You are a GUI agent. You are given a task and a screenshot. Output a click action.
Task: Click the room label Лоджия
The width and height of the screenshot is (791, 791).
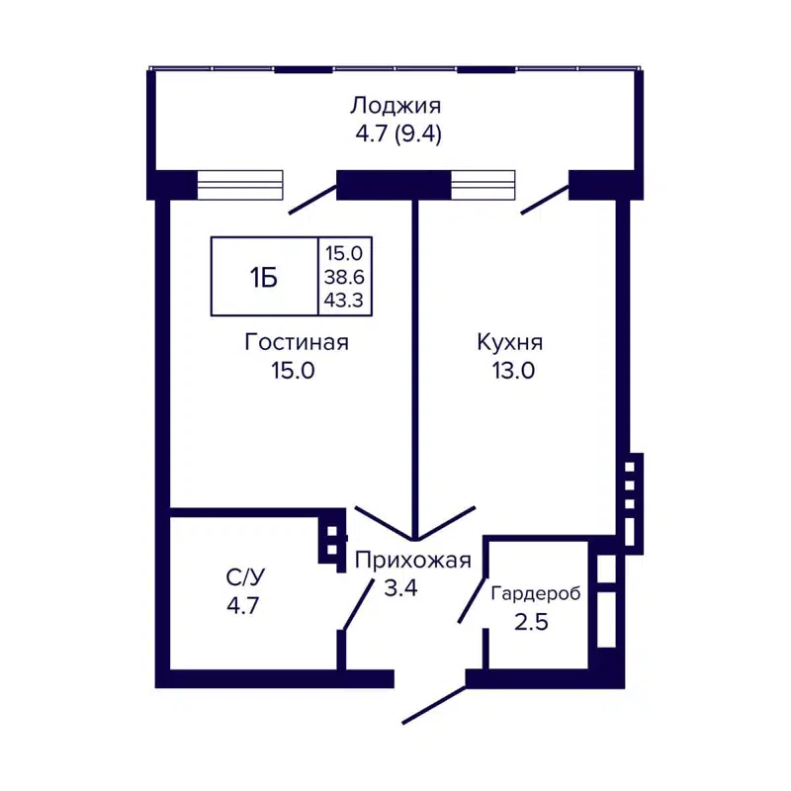tap(395, 106)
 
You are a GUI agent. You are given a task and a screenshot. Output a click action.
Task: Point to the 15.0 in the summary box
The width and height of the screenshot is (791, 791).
tap(345, 255)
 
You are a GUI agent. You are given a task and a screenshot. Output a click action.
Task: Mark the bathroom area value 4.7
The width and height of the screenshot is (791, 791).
tap(242, 604)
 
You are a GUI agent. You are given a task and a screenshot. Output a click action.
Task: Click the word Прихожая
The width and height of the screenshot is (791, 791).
tap(412, 561)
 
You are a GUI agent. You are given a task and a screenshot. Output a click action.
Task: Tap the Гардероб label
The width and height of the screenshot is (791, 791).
tap(535, 593)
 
